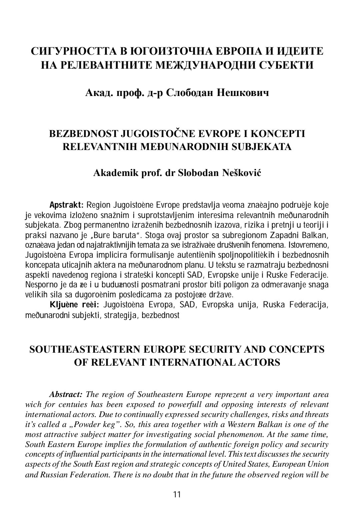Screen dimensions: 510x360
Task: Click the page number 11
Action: (x=177, y=494)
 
